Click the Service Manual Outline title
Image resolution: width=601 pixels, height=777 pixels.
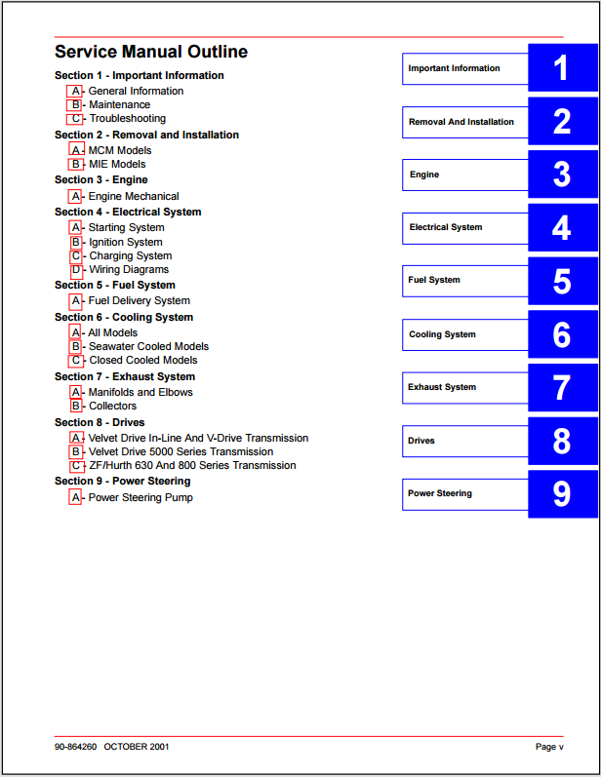click(151, 53)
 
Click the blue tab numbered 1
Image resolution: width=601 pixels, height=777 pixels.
click(561, 68)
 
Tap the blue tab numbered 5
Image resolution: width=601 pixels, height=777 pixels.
click(561, 281)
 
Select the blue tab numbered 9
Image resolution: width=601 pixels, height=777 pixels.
click(561, 493)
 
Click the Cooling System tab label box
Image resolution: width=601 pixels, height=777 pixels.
click(464, 334)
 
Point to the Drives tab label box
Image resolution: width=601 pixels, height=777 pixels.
click(464, 441)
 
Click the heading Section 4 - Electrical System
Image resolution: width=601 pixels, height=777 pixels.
click(128, 212)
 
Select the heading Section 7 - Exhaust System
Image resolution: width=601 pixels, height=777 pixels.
click(125, 376)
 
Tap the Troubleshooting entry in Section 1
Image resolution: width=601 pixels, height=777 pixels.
click(128, 119)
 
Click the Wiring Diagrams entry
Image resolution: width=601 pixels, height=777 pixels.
click(129, 270)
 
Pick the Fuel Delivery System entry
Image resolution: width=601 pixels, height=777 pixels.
click(139, 301)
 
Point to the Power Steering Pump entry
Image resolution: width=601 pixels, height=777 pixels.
click(140, 498)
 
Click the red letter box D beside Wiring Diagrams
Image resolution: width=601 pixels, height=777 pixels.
click(76, 270)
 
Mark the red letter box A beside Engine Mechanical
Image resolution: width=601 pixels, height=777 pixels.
click(76, 197)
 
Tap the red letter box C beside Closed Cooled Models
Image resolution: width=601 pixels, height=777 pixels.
click(76, 361)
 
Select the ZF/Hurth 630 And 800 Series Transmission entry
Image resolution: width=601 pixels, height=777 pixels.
click(192, 466)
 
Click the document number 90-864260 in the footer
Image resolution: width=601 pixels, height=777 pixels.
click(77, 747)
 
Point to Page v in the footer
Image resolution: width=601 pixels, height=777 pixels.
click(549, 747)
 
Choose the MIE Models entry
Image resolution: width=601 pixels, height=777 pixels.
click(117, 165)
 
